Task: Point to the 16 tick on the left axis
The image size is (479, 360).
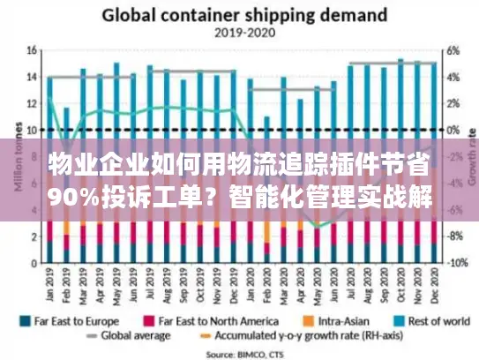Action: coord(33,50)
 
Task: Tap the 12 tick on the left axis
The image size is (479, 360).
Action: coord(33,103)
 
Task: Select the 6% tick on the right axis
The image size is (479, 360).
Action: coord(453,50)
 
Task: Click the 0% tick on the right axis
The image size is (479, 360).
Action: coord(453,130)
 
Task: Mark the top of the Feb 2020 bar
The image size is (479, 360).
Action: coord(266,116)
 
